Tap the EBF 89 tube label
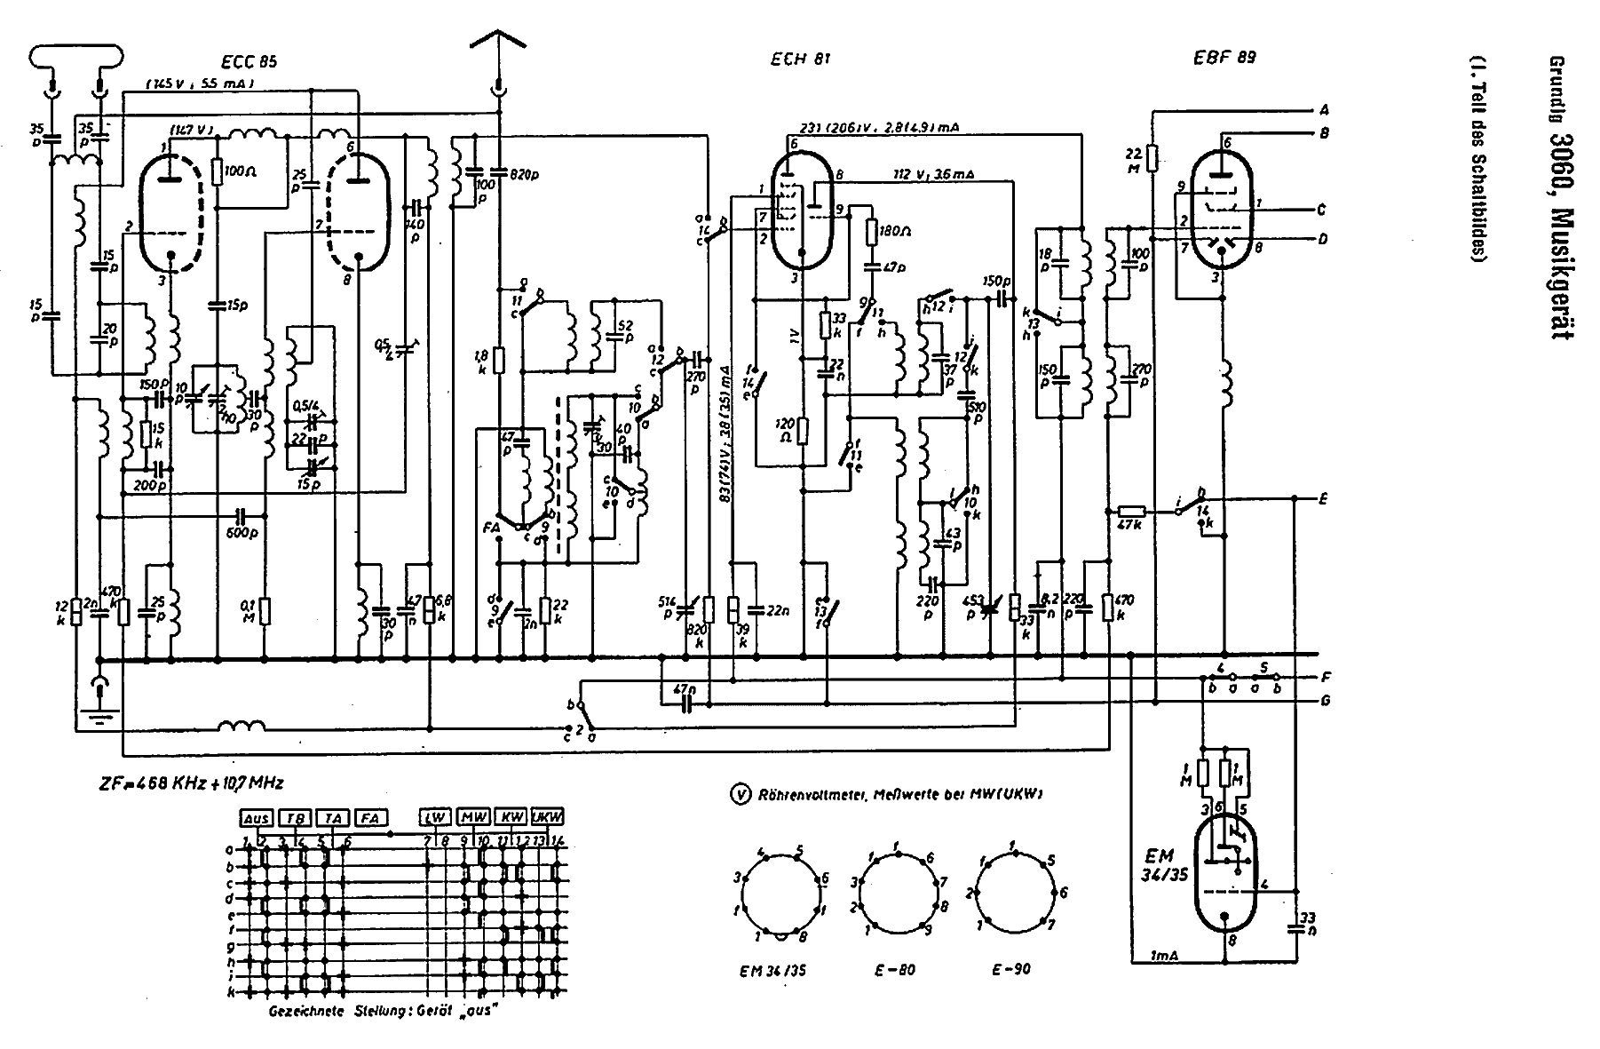tap(1225, 59)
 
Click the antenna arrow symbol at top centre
tap(499, 44)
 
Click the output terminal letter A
tap(1323, 110)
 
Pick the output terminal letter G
tap(1325, 700)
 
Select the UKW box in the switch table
tap(552, 817)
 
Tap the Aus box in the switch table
tap(255, 817)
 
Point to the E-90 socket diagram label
tap(1012, 969)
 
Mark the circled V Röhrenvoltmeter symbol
tap(736, 793)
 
